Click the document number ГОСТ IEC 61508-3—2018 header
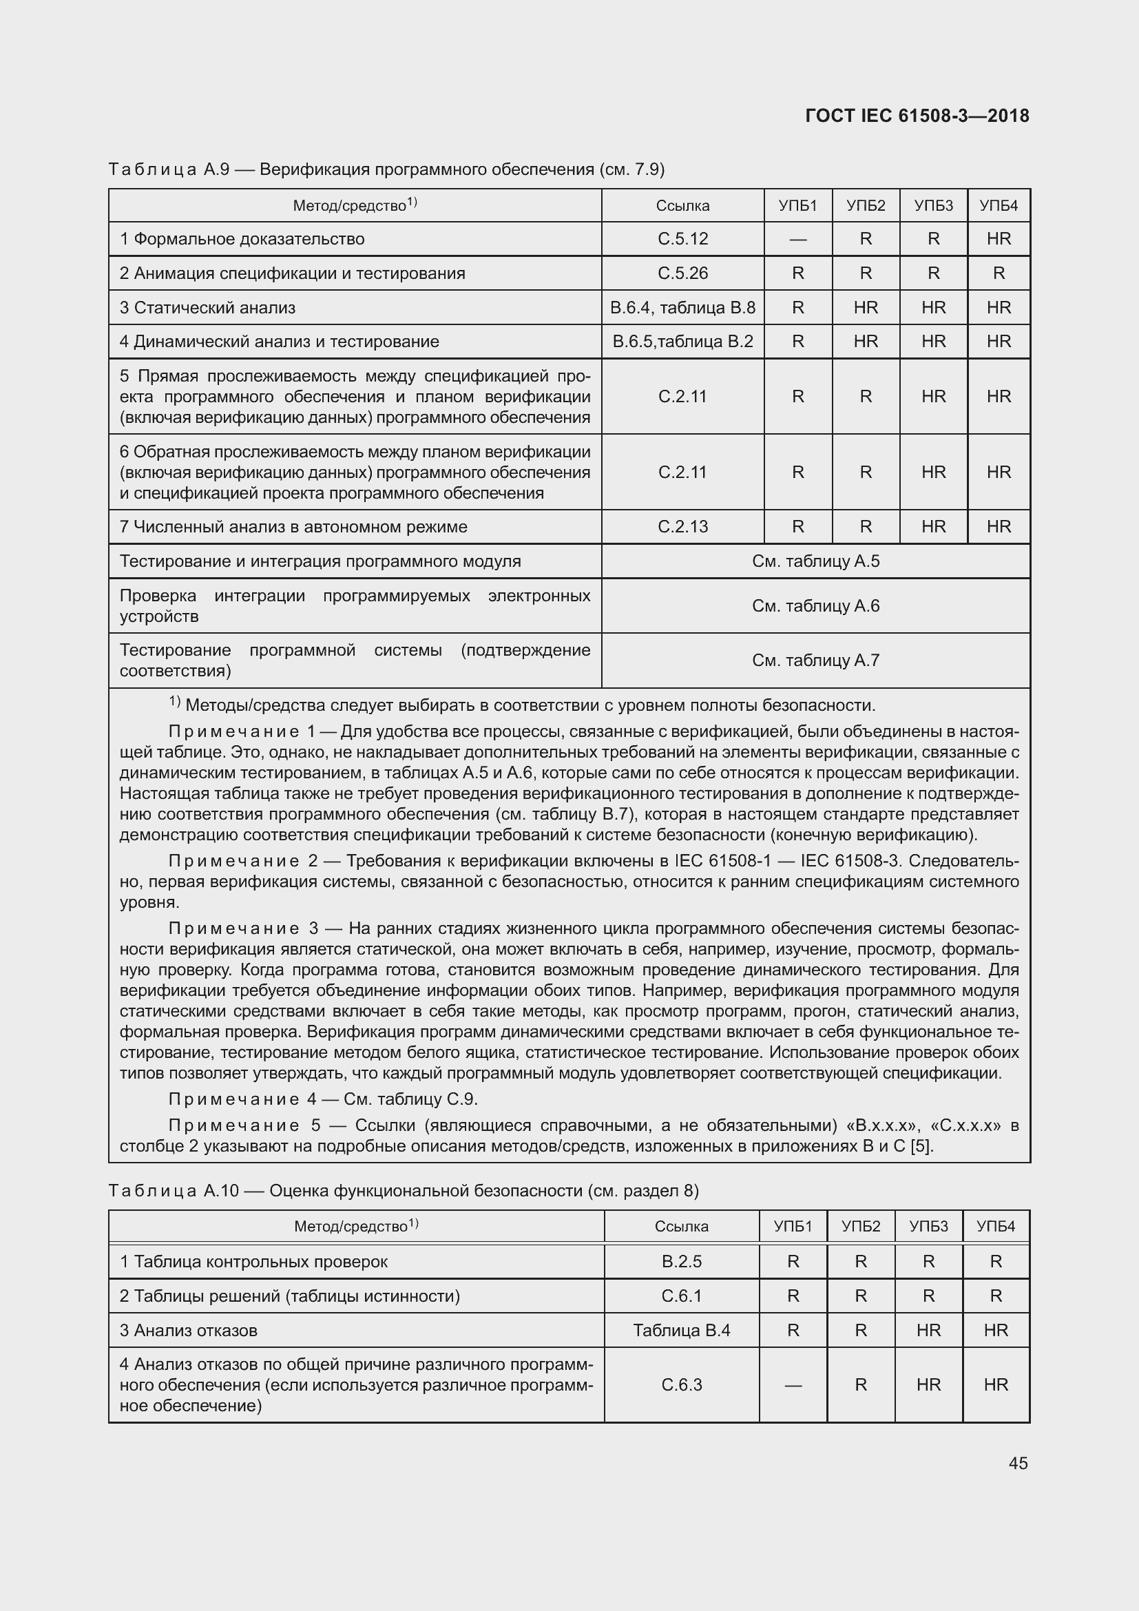click(x=917, y=116)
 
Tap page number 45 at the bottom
click(x=1018, y=1463)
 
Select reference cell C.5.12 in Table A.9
click(x=682, y=239)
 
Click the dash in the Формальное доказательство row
click(x=797, y=240)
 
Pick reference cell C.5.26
click(x=682, y=273)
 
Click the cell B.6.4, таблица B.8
click(x=682, y=307)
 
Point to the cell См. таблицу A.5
click(x=815, y=561)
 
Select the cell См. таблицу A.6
click(x=815, y=606)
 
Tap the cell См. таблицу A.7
click(x=815, y=661)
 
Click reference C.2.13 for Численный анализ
click(x=682, y=527)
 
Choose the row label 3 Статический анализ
click(x=207, y=307)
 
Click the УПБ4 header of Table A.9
click(x=998, y=205)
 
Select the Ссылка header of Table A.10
click(x=681, y=1227)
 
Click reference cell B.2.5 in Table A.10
click(x=681, y=1262)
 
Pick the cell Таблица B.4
click(x=681, y=1331)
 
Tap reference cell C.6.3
click(x=681, y=1385)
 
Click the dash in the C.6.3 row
click(x=793, y=1386)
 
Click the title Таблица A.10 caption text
click(x=404, y=1191)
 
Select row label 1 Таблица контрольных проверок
click(x=253, y=1262)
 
